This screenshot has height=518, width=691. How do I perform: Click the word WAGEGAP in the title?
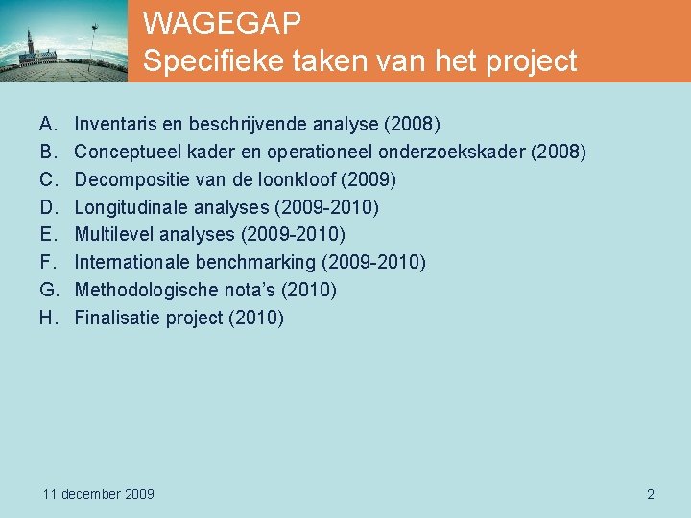(x=222, y=22)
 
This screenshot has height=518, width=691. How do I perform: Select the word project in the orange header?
(x=530, y=62)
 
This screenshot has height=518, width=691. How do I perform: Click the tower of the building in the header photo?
(x=33, y=44)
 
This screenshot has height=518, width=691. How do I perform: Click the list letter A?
(x=46, y=125)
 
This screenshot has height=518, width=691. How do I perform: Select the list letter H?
(x=47, y=318)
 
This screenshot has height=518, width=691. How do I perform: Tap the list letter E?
(x=46, y=234)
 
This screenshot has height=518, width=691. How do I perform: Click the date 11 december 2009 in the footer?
(x=99, y=494)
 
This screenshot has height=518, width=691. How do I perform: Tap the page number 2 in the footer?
(x=651, y=494)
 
